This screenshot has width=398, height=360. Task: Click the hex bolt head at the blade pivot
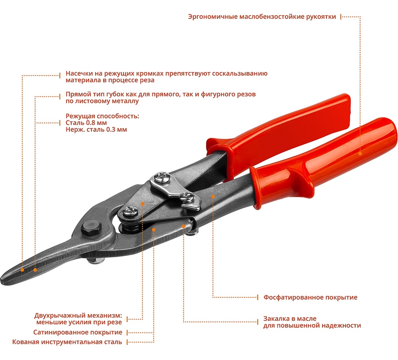tap(89, 230)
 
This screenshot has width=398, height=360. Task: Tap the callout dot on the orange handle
tap(360, 153)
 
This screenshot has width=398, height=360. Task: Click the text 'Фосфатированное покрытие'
tap(310, 297)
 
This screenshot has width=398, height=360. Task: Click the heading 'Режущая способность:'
tap(102, 116)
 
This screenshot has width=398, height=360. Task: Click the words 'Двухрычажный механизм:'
tap(78, 315)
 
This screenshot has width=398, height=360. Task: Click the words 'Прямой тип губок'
tap(92, 95)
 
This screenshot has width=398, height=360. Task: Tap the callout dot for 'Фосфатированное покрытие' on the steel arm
tap(213, 196)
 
